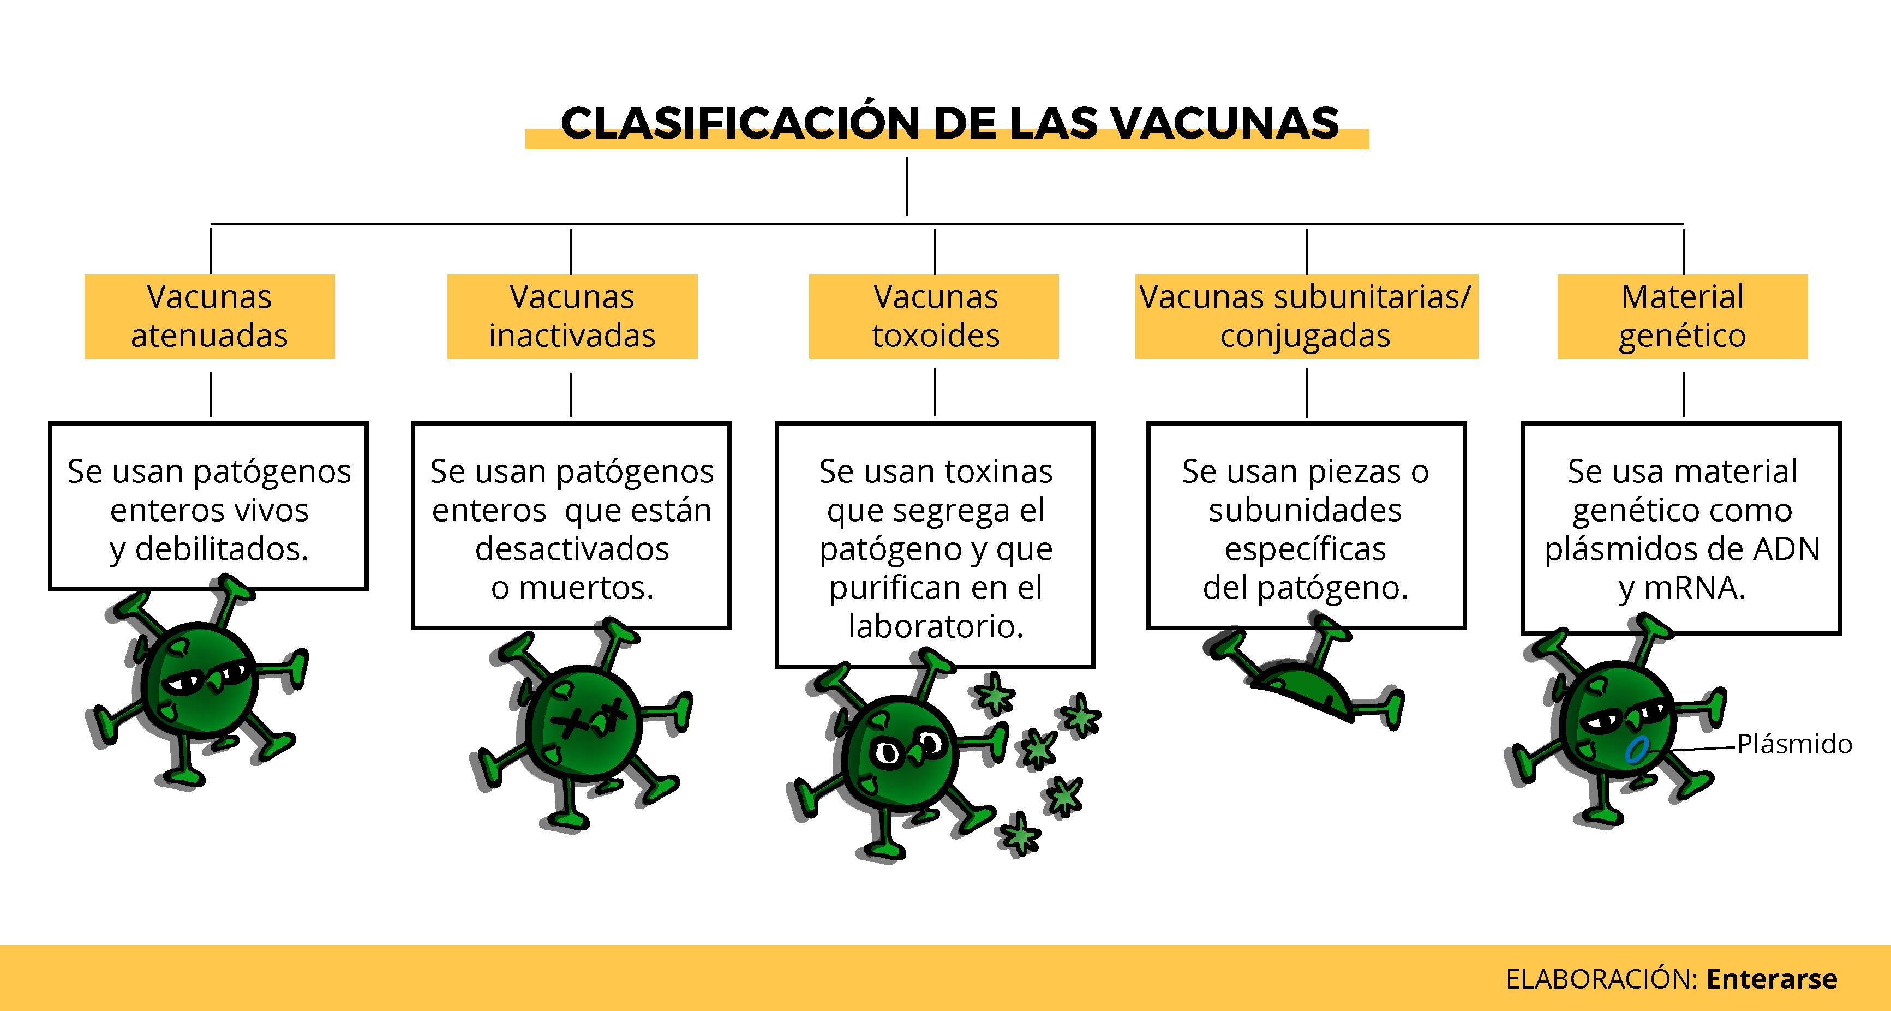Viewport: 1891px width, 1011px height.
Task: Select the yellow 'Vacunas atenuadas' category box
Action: click(x=209, y=316)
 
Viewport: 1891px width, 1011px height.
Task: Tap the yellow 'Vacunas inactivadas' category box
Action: click(x=572, y=316)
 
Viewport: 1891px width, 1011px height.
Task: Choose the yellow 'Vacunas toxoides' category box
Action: click(x=933, y=316)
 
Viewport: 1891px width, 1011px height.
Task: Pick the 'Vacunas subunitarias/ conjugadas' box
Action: click(x=1306, y=316)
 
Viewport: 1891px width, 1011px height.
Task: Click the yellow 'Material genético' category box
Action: click(x=1682, y=316)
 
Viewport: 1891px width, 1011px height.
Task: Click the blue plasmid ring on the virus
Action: click(x=1636, y=750)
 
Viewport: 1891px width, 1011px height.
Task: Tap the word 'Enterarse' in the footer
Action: click(x=1772, y=979)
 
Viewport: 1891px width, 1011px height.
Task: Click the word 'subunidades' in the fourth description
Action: click(x=1305, y=510)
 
